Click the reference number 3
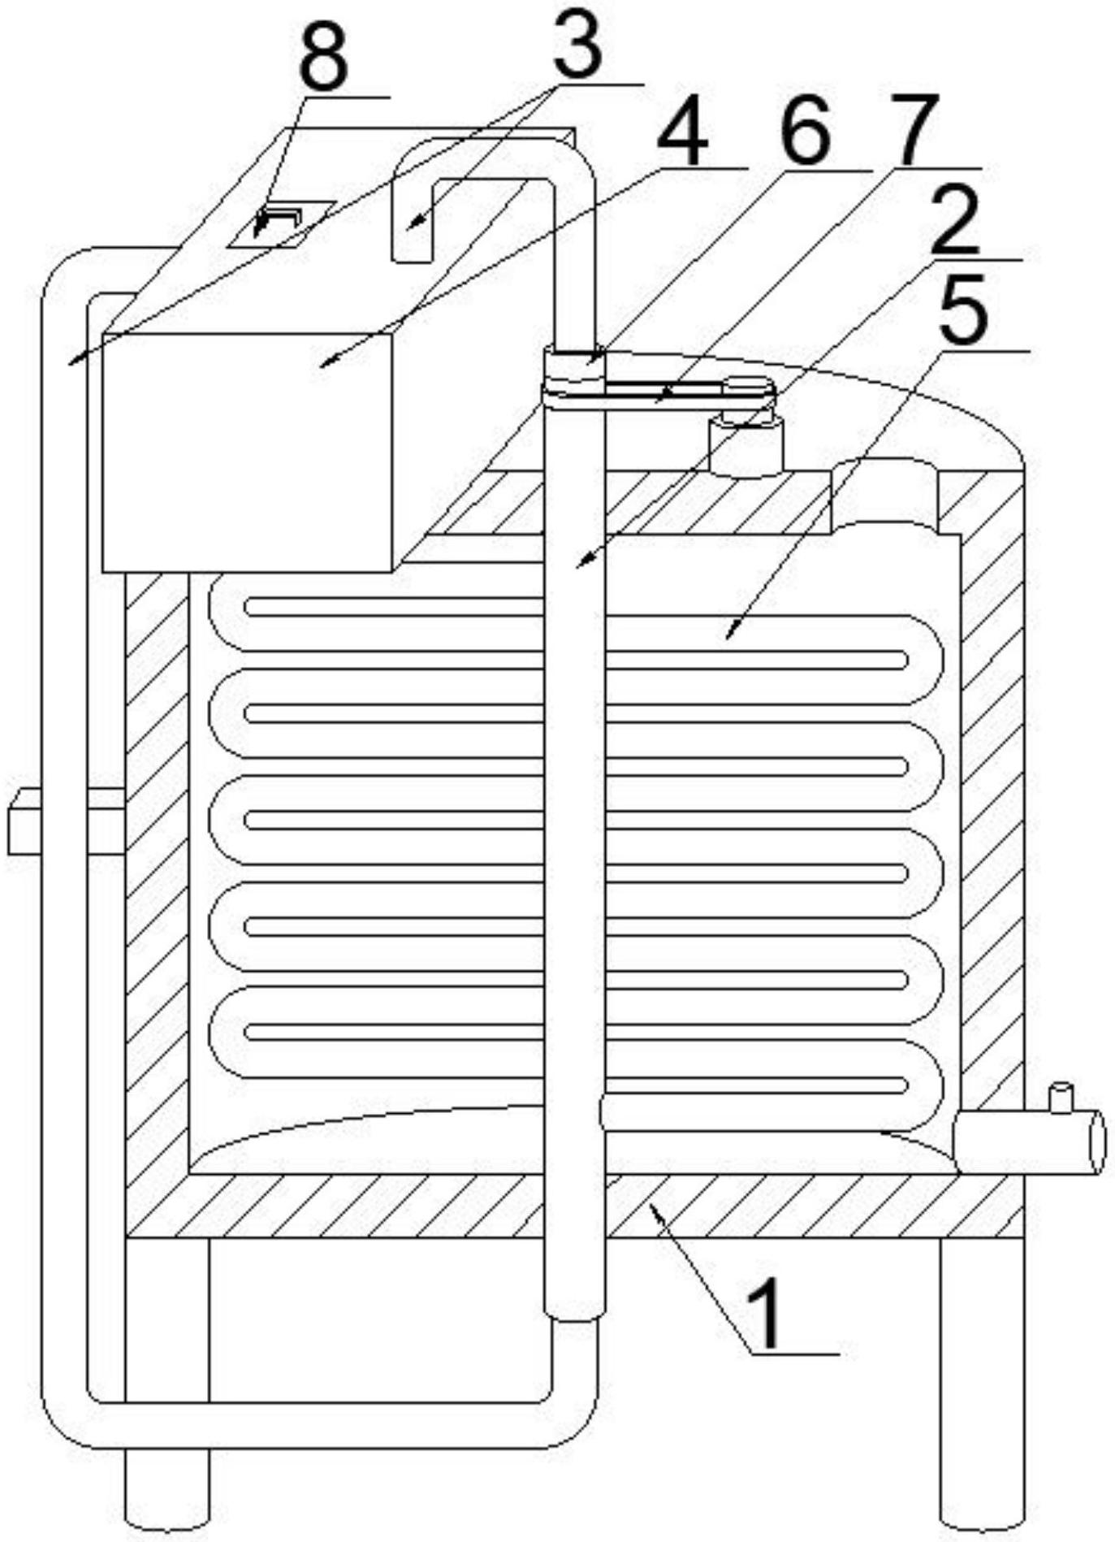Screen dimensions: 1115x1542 [577, 45]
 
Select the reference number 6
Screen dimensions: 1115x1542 [804, 130]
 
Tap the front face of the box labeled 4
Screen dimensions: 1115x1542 [248, 451]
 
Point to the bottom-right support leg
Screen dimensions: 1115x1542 [983, 1381]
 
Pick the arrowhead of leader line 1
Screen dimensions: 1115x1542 [652, 1211]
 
